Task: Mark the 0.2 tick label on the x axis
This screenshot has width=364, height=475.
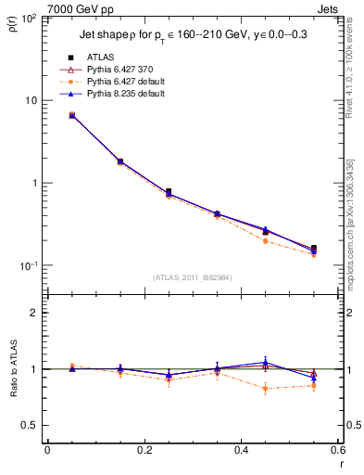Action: pos(144,452)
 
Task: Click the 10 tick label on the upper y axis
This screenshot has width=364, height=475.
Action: pos(31,100)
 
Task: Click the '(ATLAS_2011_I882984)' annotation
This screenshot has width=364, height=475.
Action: pos(192,276)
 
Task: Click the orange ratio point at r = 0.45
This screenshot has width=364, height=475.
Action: pos(265,389)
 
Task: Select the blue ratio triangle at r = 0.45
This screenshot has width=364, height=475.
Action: pos(265,363)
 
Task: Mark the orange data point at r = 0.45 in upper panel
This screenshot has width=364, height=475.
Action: pos(265,241)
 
